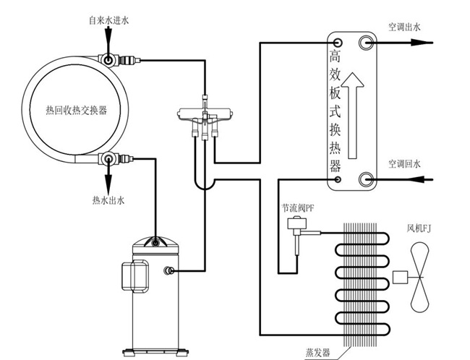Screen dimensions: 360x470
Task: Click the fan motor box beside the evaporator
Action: pyautogui.click(x=399, y=278)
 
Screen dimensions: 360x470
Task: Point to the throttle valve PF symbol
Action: pyautogui.click(x=295, y=226)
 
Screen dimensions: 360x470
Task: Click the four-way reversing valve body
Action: pyautogui.click(x=206, y=113)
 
